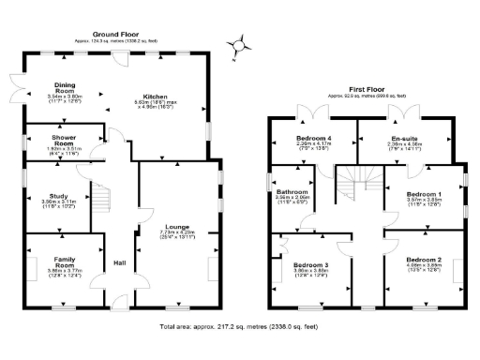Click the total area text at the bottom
(239, 329)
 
